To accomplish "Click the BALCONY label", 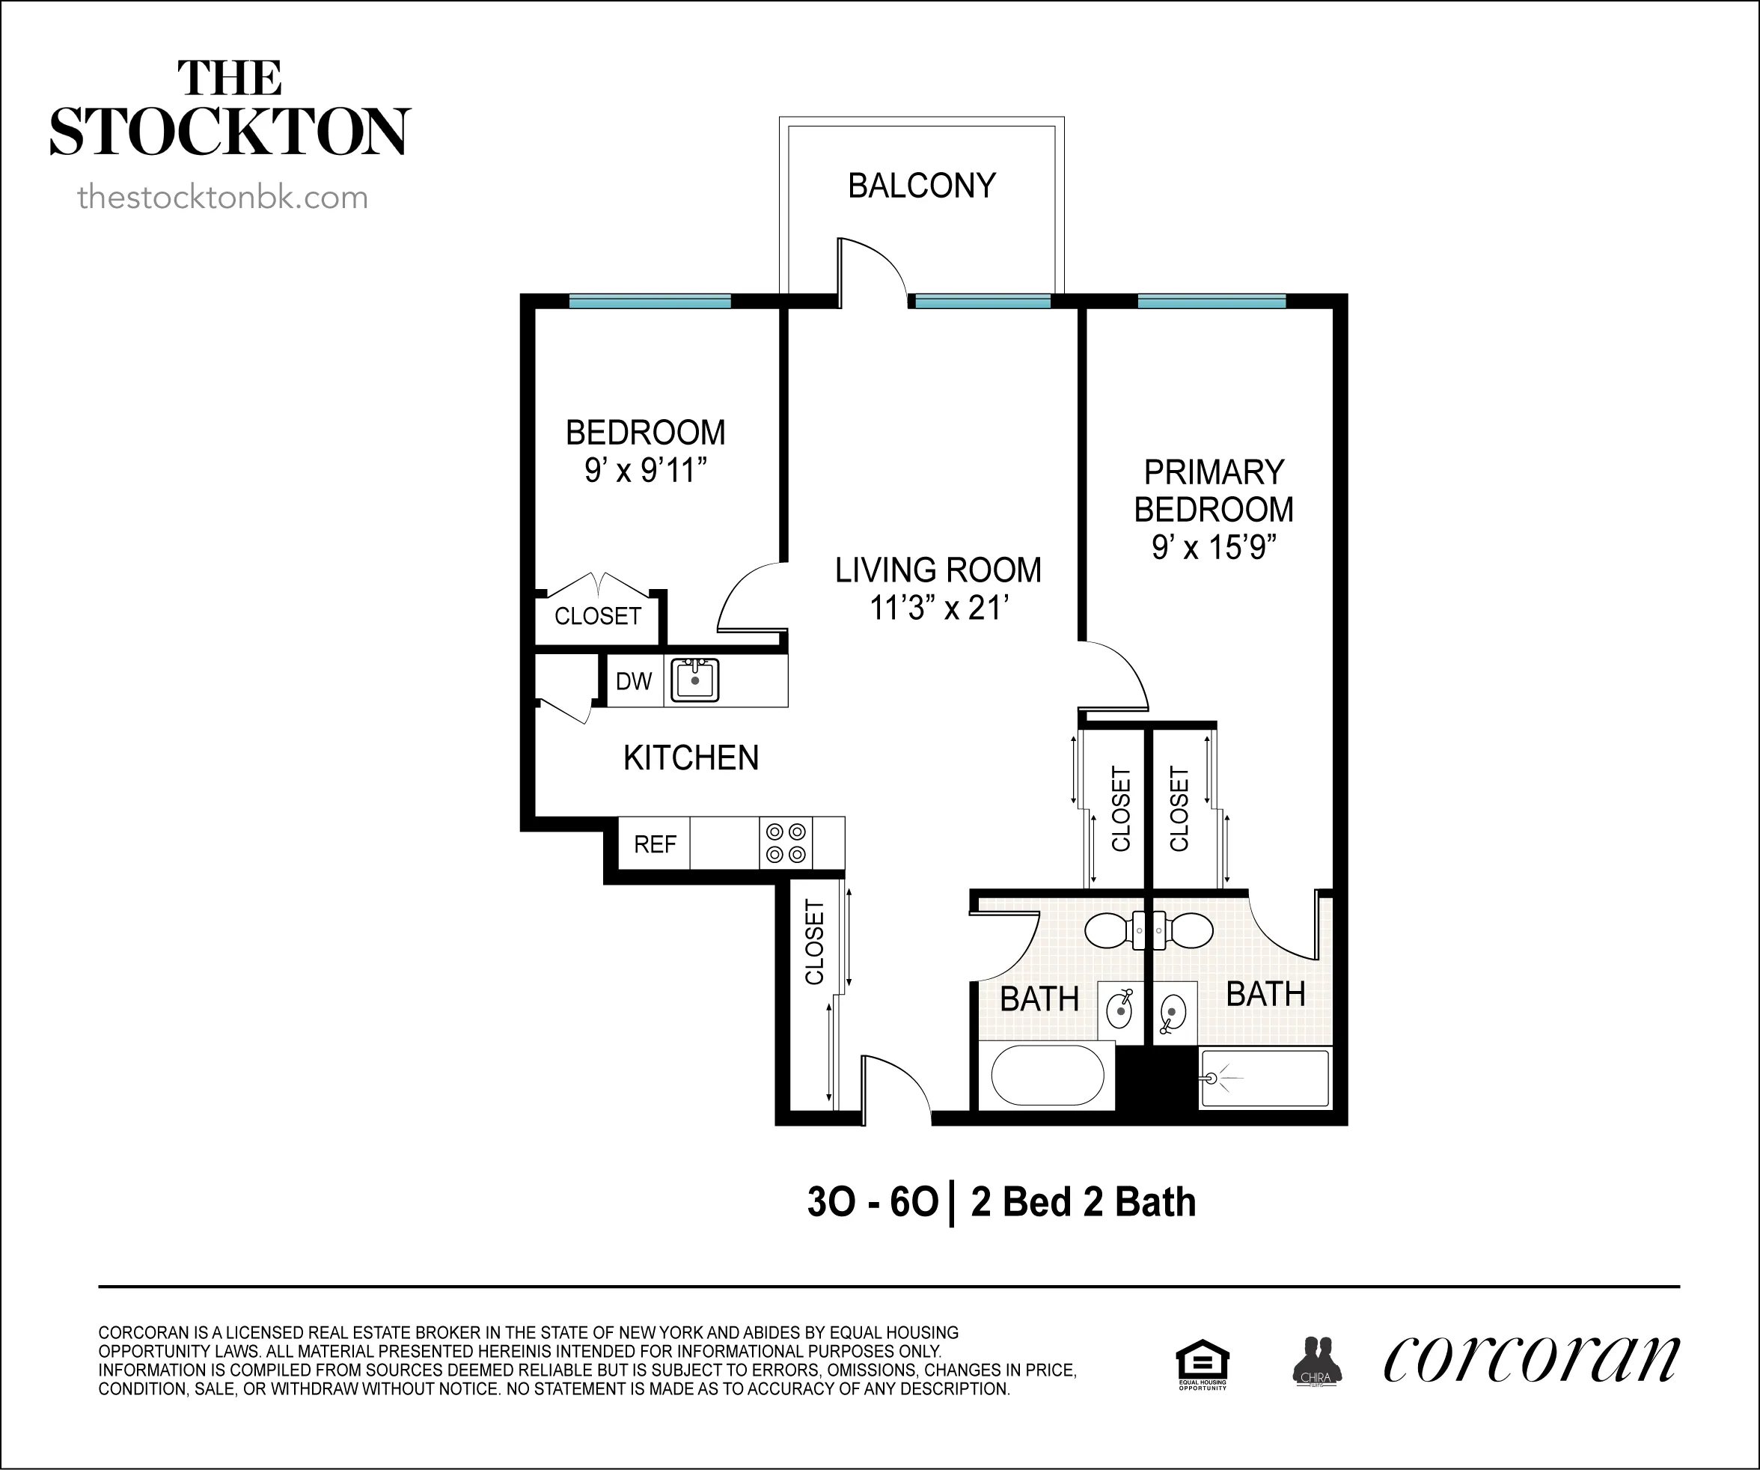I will (x=922, y=185).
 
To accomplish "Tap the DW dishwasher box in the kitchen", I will (x=635, y=681).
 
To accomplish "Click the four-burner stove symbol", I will (x=786, y=843).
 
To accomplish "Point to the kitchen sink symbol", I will (x=694, y=680).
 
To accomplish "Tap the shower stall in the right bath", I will (x=1265, y=1079).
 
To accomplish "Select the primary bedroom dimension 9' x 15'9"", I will (x=1214, y=548).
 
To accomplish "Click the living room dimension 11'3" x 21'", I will (x=938, y=608).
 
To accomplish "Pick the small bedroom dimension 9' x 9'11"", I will (x=645, y=470).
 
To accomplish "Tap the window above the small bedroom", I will (x=650, y=302).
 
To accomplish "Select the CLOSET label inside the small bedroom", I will (x=598, y=616).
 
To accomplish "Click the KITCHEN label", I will (x=691, y=757).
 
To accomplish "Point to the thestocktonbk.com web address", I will (x=222, y=198).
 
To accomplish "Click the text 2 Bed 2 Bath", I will (x=1083, y=1202).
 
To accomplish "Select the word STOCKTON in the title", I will (x=230, y=132).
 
